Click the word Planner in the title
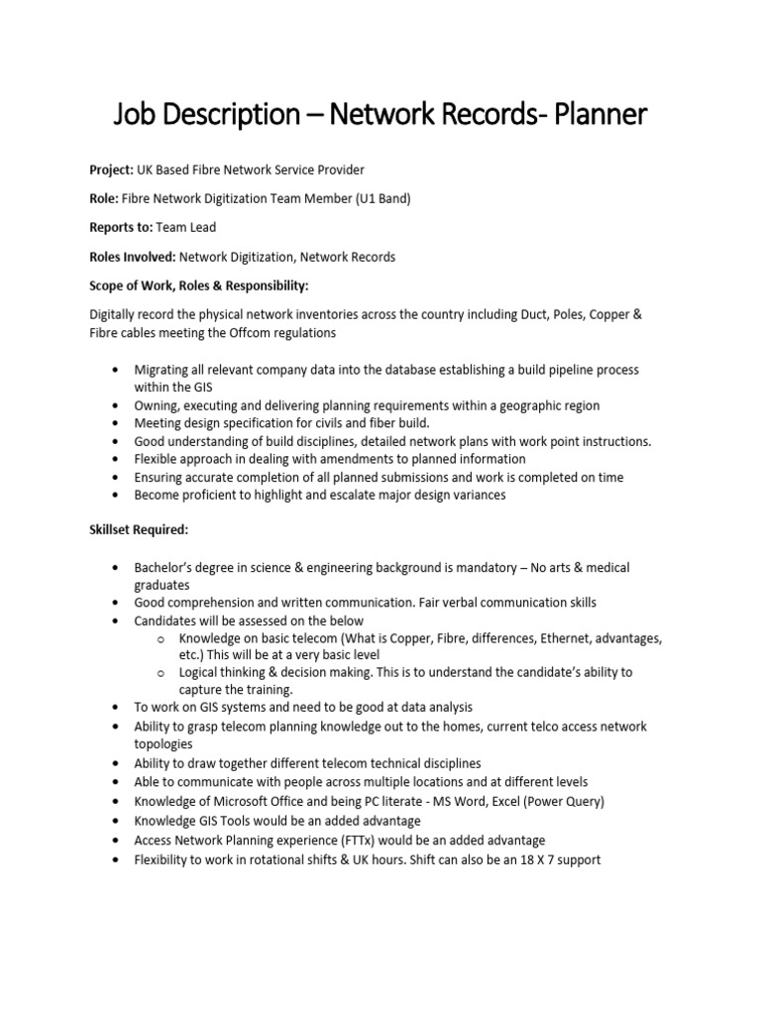click(x=599, y=115)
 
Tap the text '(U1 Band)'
click(x=382, y=198)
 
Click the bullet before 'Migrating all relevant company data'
click(x=118, y=370)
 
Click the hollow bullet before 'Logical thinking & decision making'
click(x=161, y=672)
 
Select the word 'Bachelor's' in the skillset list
click(x=166, y=568)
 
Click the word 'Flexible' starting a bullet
click(x=159, y=459)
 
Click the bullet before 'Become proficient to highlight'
click(x=118, y=495)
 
